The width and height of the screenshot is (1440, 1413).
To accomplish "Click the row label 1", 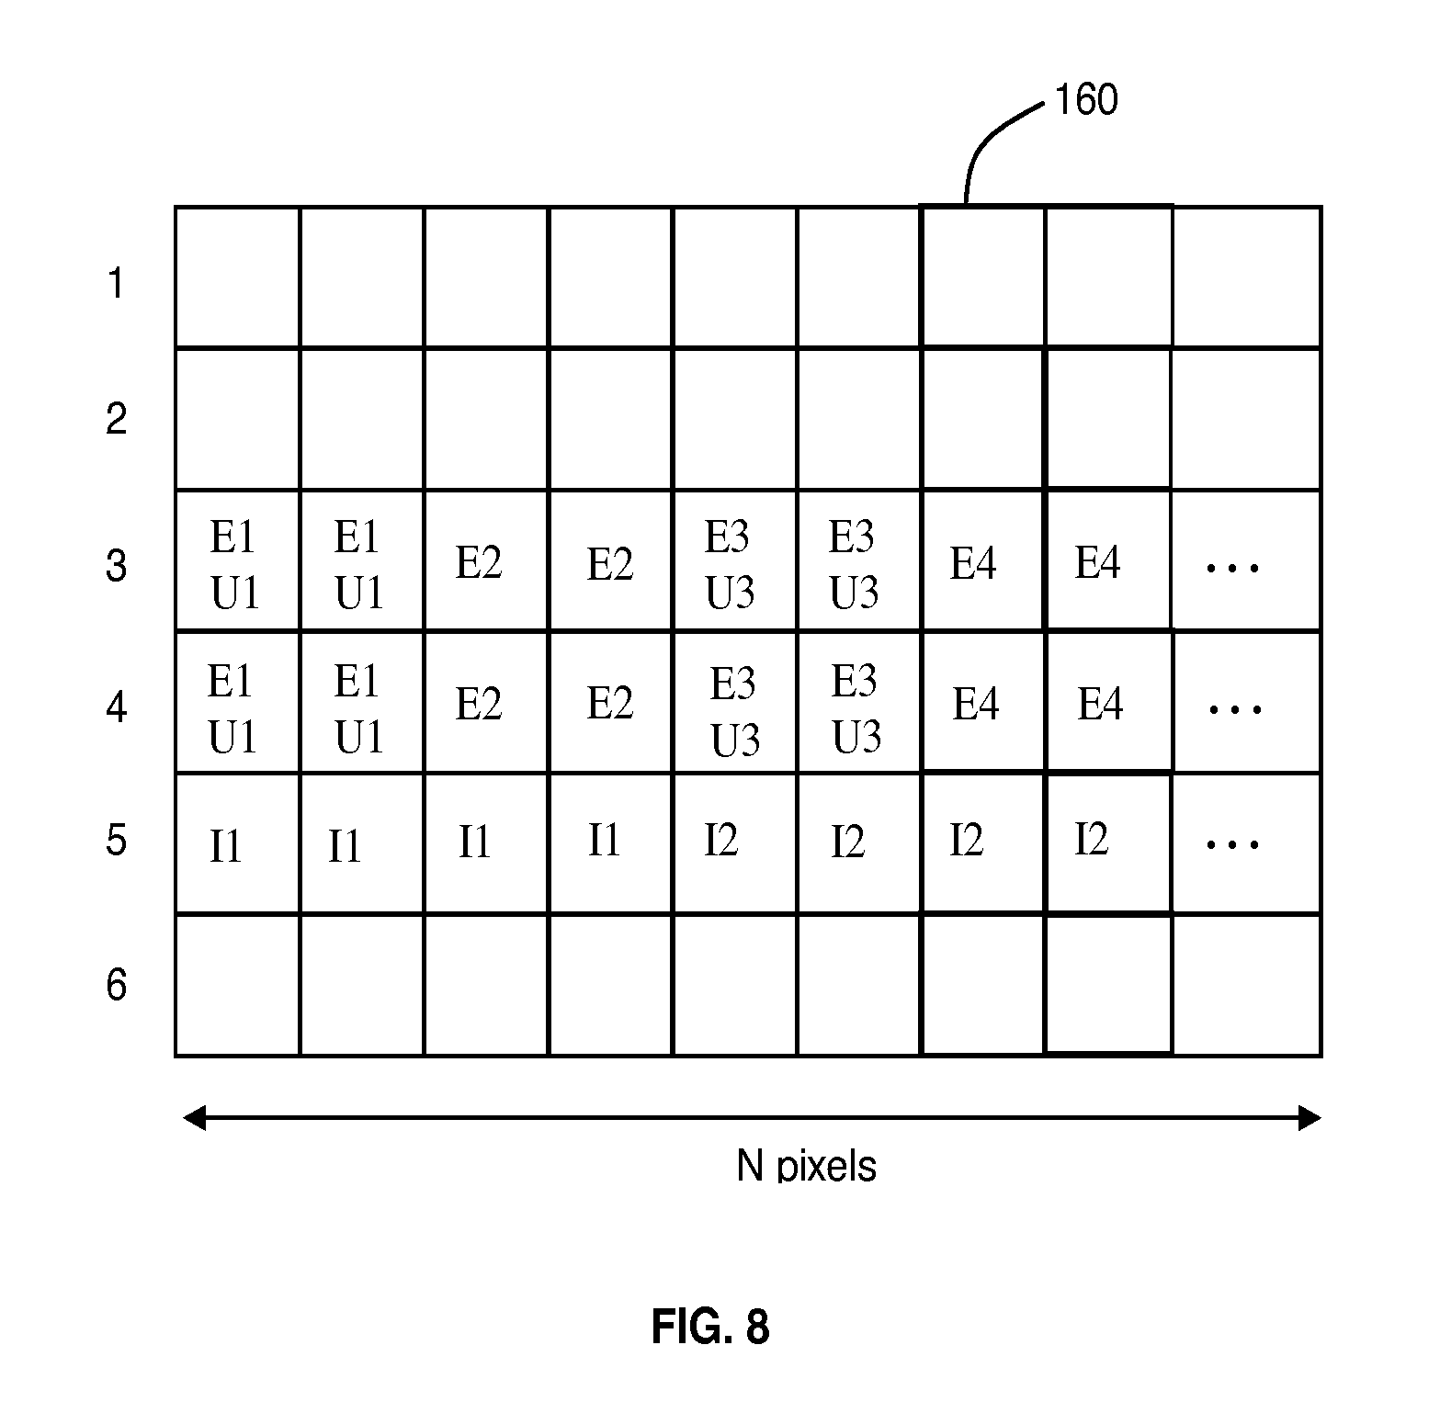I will (x=115, y=283).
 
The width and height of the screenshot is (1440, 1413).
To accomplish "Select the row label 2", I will (x=116, y=419).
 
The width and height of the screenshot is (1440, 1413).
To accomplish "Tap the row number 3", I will (x=116, y=565).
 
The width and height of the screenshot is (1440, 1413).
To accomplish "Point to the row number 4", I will (x=116, y=707).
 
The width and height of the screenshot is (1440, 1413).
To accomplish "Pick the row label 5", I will (x=116, y=840).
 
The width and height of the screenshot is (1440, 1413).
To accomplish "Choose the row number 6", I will (x=116, y=985).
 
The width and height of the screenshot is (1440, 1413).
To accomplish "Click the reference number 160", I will (x=1085, y=100).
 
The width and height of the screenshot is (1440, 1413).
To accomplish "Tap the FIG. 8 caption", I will (x=710, y=1327).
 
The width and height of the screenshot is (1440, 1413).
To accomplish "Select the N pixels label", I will (x=806, y=1166).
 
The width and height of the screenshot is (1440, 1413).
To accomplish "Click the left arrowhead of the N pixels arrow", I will (x=193, y=1118).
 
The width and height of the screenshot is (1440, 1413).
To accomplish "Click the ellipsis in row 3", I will (x=1232, y=568).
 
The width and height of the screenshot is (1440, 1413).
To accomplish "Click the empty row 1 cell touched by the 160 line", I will (x=982, y=277).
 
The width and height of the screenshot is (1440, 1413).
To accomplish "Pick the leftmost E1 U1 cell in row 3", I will (x=237, y=562).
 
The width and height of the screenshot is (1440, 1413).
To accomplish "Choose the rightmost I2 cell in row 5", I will (x=1108, y=843).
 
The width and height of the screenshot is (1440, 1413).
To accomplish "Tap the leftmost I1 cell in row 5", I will (x=237, y=843).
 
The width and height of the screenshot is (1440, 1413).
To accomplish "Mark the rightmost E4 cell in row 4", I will (x=1108, y=704).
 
